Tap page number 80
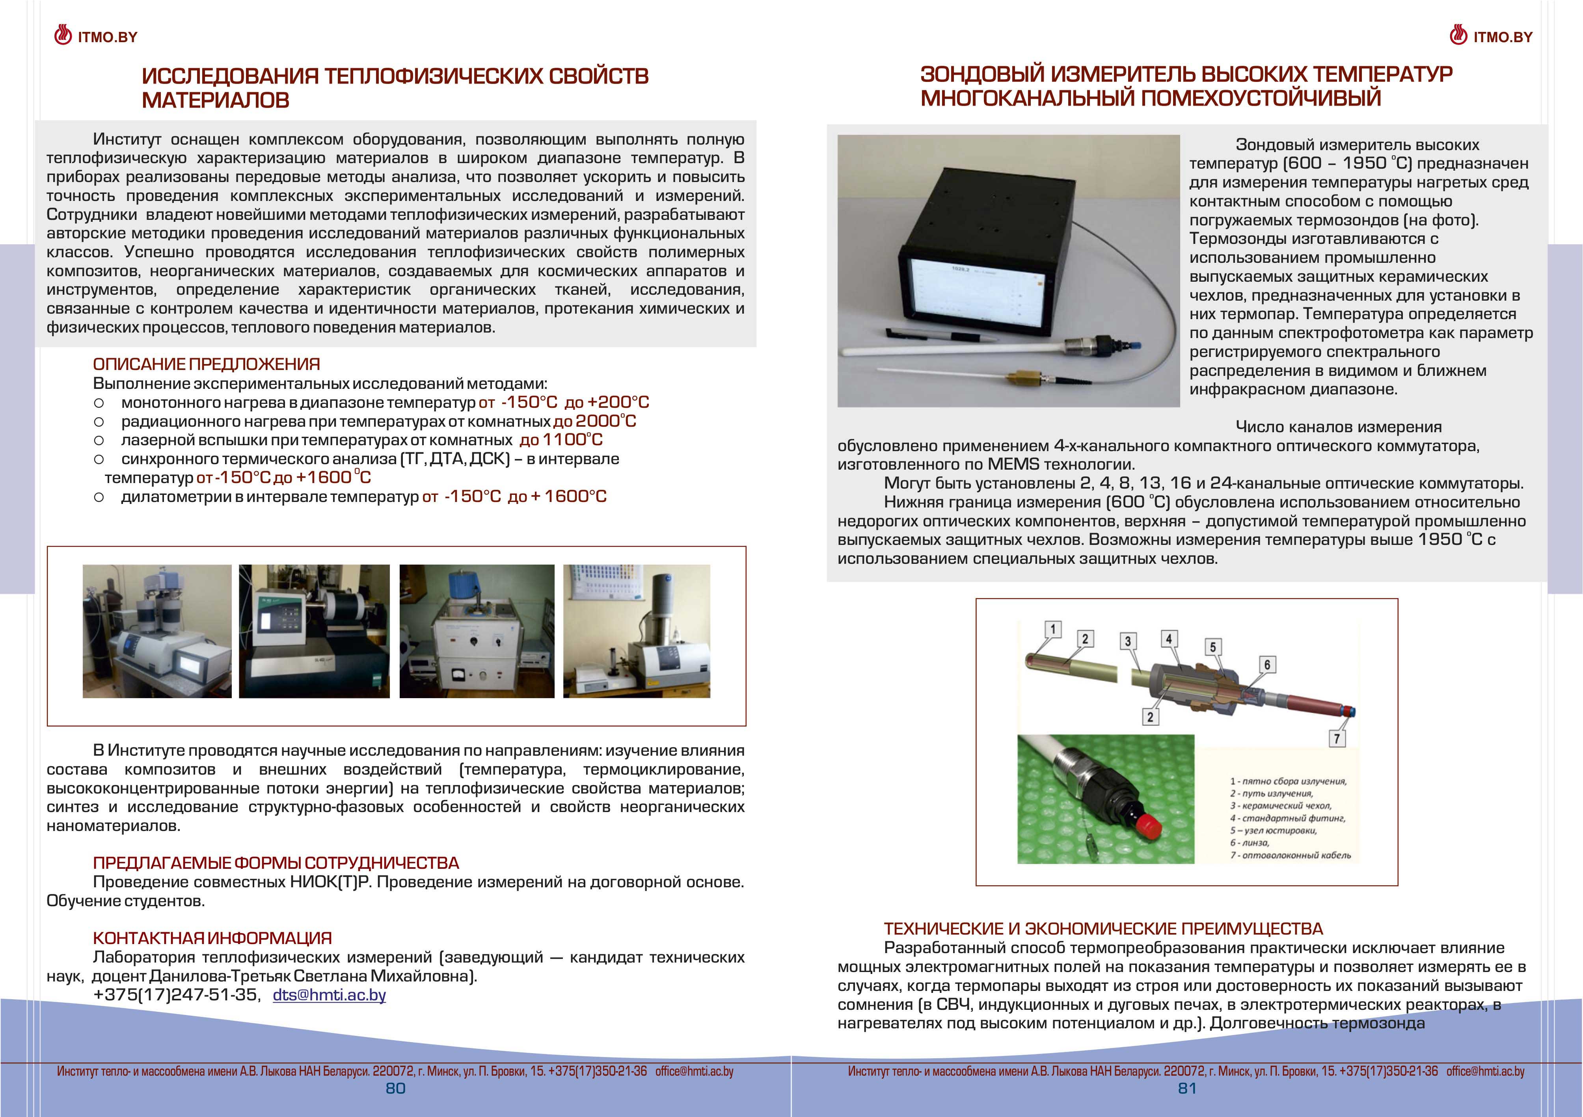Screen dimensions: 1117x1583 click(x=395, y=1089)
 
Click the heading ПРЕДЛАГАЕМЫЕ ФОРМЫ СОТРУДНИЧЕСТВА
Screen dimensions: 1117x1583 click(x=276, y=863)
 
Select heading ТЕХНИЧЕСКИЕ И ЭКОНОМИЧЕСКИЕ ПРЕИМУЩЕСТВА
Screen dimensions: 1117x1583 click(x=1103, y=929)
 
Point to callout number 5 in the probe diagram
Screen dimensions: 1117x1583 click(x=1213, y=647)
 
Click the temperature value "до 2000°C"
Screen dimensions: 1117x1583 click(x=594, y=421)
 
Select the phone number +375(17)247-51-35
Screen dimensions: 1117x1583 click(x=176, y=995)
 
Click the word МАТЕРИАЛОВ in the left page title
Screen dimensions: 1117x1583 click(x=215, y=100)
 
